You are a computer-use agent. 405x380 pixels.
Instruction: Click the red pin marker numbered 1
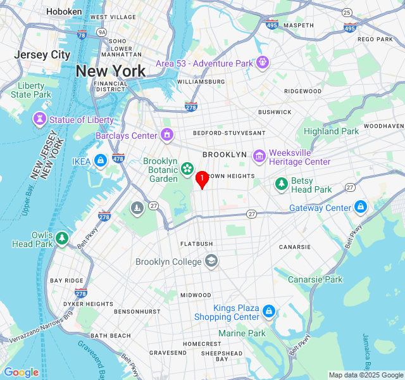(202, 180)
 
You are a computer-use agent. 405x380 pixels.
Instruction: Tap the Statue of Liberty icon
(40, 119)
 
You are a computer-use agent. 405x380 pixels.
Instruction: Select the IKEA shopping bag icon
(100, 161)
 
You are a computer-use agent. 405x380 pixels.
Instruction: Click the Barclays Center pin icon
(167, 135)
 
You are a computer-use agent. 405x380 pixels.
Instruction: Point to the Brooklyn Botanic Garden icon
(187, 168)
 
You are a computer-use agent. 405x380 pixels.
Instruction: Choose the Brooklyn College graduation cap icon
(211, 261)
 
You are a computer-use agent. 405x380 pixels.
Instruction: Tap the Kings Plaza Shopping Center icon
(269, 312)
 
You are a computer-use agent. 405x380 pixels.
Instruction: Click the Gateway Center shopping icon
(361, 207)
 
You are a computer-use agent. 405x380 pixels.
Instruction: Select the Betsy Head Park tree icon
(282, 184)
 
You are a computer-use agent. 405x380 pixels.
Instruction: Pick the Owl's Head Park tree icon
(62, 238)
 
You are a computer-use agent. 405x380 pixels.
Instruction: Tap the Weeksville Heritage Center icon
(259, 156)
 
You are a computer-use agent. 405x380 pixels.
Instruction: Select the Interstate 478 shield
(118, 158)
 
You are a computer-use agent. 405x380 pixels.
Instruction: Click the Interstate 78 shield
(82, 35)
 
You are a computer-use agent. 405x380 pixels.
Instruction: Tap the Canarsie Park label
(315, 279)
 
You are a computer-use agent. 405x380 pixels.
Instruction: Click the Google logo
(21, 372)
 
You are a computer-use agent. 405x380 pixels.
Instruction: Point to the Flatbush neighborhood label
(196, 244)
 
